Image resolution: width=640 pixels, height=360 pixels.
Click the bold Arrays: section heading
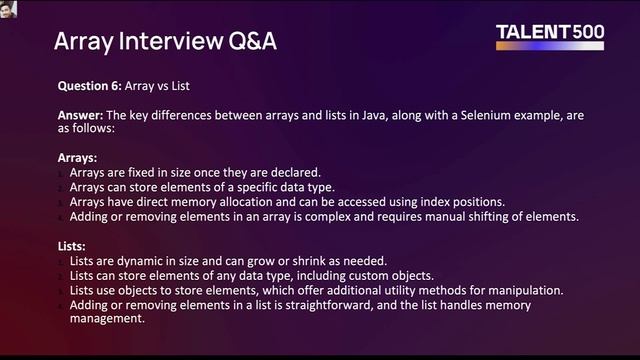tap(79, 157)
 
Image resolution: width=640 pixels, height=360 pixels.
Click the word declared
tap(292, 173)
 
